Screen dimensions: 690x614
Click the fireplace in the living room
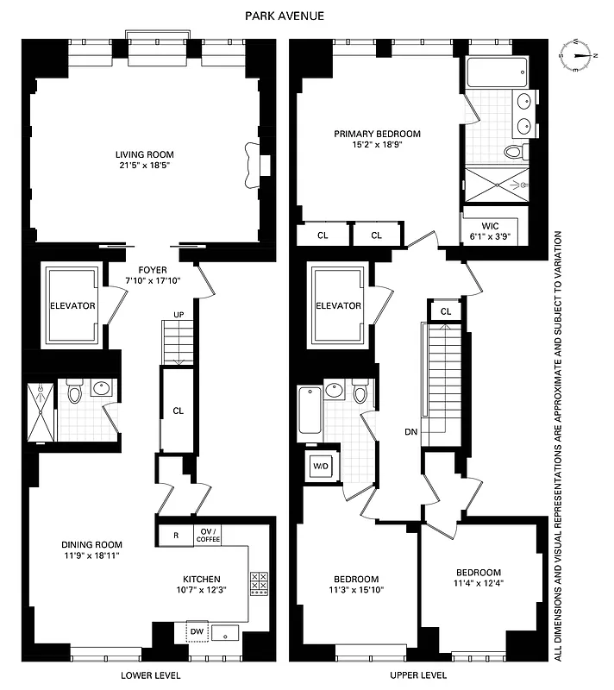point(254,164)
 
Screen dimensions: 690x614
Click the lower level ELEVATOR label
point(73,306)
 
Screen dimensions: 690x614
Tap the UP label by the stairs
point(179,314)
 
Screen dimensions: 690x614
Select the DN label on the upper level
point(410,432)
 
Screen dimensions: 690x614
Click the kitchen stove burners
point(259,584)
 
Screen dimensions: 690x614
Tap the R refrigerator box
point(176,536)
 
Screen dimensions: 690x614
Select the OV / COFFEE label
point(208,536)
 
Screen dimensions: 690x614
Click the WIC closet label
point(490,226)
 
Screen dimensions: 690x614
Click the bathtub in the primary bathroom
point(490,72)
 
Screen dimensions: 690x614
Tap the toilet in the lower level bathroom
point(75,395)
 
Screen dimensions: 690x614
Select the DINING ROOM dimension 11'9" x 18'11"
point(91,556)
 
